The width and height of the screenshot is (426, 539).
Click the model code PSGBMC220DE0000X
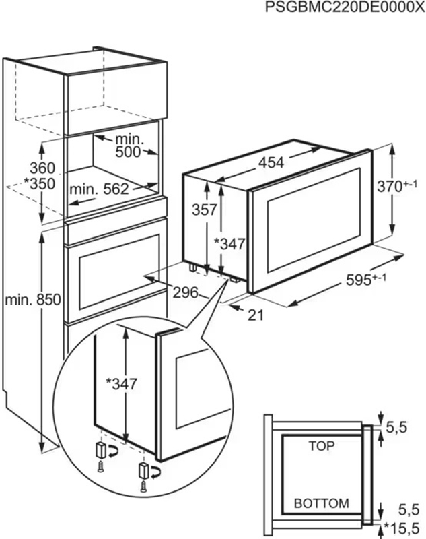(345, 7)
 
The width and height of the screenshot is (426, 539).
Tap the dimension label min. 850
(33, 299)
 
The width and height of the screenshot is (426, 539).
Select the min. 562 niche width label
(99, 189)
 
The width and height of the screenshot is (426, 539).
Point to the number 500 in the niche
(128, 152)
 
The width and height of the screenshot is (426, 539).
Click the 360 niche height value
(42, 168)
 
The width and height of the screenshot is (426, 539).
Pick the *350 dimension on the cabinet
(40, 183)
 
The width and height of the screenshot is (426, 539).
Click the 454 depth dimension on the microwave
(271, 162)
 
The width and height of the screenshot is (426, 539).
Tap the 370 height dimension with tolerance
(397, 186)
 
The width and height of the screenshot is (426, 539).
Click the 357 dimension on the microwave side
(204, 209)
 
